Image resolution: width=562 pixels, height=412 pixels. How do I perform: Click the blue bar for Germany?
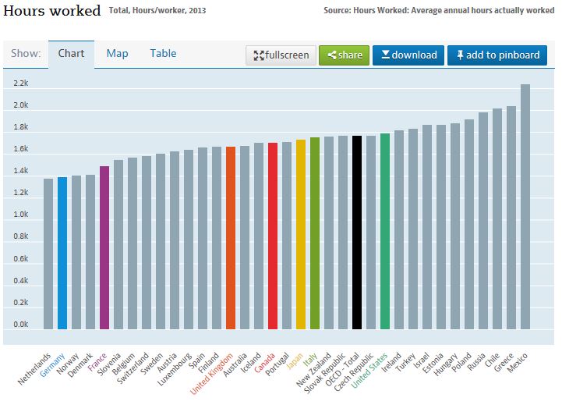62,253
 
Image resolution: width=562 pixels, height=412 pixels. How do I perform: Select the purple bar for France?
104,247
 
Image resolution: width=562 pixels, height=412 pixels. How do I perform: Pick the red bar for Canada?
273,236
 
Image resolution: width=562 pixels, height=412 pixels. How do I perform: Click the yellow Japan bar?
301,234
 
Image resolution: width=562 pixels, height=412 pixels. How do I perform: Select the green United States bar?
385,231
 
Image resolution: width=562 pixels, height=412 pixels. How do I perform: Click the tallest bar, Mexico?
525,207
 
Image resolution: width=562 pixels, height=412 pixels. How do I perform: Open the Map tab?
117,53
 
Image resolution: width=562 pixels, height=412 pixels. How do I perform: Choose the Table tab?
163,53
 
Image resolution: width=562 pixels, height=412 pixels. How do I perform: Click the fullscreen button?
281,55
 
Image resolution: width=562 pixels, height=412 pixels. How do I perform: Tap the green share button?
344,55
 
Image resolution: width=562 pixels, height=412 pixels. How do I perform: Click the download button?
408,55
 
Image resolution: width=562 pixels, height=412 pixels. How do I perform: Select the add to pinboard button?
497,55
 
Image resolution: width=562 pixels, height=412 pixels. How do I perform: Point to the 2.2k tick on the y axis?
20,83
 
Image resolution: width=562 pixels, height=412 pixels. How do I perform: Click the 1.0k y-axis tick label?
20,215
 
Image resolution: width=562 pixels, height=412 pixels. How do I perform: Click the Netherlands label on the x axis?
36,368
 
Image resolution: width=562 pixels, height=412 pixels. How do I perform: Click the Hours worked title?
53,11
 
